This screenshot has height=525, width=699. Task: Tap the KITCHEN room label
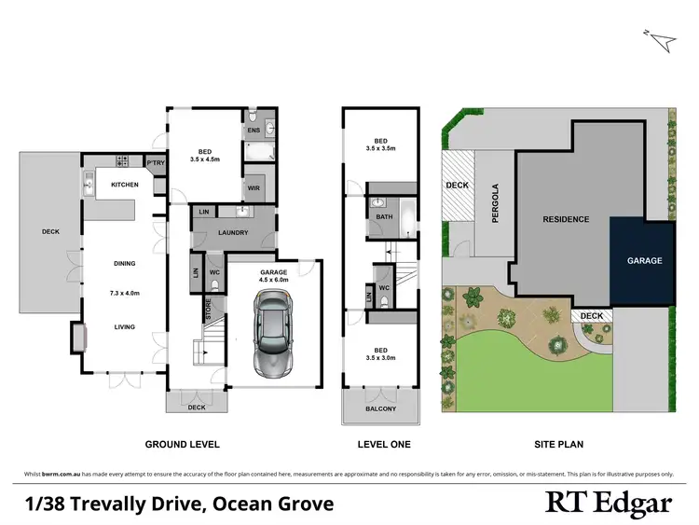click(125, 185)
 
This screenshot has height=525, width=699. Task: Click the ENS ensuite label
click(254, 131)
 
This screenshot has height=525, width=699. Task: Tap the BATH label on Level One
click(383, 217)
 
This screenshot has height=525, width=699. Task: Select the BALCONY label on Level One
click(380, 408)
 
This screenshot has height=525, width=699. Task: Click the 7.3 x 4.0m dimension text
click(125, 294)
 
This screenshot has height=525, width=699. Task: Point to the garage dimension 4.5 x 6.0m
click(275, 279)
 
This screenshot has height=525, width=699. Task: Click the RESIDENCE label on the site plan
click(567, 219)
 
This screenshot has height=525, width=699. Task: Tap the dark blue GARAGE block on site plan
click(642, 261)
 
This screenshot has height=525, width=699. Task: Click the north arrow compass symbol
click(665, 39)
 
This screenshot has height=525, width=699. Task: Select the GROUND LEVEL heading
click(182, 445)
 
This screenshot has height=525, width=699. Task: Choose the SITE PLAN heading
click(558, 445)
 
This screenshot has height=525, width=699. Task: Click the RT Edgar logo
click(609, 504)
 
